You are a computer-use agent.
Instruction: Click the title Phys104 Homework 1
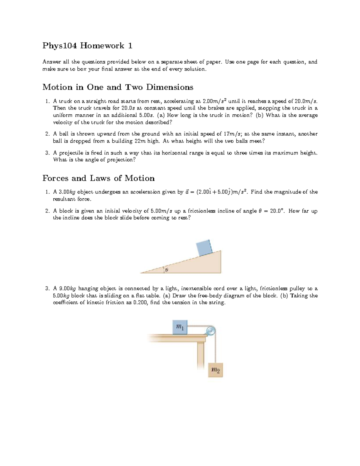click(87, 46)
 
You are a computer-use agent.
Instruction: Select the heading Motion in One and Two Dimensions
click(118, 87)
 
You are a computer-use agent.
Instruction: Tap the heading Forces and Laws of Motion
click(98, 178)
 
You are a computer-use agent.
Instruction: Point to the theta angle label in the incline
click(167, 270)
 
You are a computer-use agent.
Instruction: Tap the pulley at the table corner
click(210, 331)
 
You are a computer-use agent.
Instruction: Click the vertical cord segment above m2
click(215, 348)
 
